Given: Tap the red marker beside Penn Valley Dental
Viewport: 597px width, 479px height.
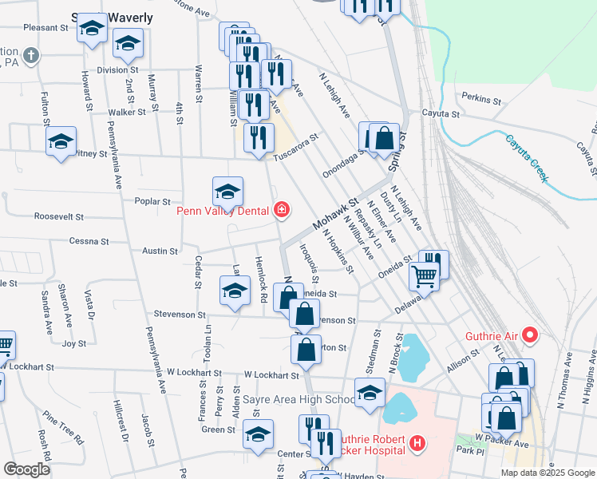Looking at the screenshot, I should [x=281, y=210].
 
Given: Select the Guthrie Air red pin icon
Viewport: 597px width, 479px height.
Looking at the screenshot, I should [x=529, y=336].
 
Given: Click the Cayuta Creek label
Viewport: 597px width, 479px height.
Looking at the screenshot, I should [x=527, y=157].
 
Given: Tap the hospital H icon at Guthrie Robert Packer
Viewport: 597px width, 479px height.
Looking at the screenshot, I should [x=415, y=444].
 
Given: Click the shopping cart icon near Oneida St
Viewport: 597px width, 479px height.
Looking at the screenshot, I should [x=424, y=277].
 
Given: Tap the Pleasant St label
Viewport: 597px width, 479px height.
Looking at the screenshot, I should [x=45, y=27].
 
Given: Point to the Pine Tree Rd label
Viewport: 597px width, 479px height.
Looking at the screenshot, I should [x=64, y=429].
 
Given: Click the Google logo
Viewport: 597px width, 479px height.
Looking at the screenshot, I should [x=26, y=470].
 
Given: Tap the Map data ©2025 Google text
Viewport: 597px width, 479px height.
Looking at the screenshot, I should [x=548, y=473].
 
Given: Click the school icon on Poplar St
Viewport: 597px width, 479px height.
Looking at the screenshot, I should [x=227, y=192].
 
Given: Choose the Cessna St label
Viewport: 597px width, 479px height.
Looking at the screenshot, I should [x=89, y=241].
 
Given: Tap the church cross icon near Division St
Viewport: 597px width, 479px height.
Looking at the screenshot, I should [x=30, y=57].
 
